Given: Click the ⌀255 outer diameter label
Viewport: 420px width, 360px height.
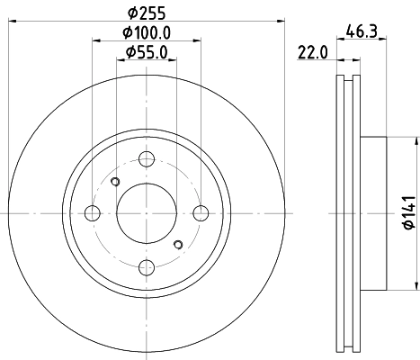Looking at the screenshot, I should tap(146, 13).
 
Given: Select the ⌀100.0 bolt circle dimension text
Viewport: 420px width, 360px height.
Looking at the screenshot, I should tap(146, 32).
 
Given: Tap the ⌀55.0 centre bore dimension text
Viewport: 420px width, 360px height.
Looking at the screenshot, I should tap(146, 52).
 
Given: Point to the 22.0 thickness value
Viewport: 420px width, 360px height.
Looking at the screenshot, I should tap(311, 52).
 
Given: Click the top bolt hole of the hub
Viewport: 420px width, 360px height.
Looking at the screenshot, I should tap(146, 159).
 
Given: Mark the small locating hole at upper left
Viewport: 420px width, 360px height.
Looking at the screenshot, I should tap(114, 183).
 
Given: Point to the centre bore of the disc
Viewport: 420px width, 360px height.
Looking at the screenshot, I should tap(146, 212).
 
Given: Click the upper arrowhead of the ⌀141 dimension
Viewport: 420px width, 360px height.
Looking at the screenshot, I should tap(417, 141).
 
